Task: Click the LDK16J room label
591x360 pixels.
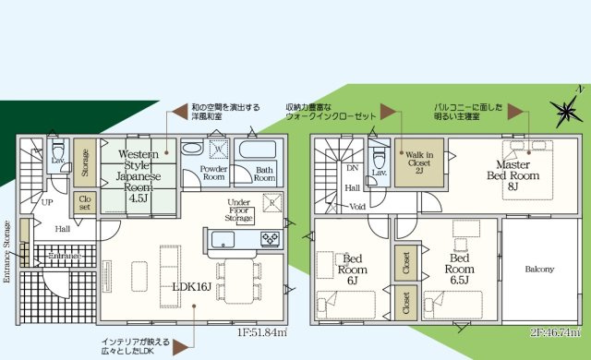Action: (x=193, y=287)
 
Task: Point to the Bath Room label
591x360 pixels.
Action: (x=265, y=174)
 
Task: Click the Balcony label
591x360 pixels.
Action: (x=540, y=269)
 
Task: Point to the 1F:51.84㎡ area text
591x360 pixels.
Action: (x=262, y=332)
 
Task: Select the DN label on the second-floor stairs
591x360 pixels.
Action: (x=352, y=167)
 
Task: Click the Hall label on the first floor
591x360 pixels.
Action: (x=62, y=228)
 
